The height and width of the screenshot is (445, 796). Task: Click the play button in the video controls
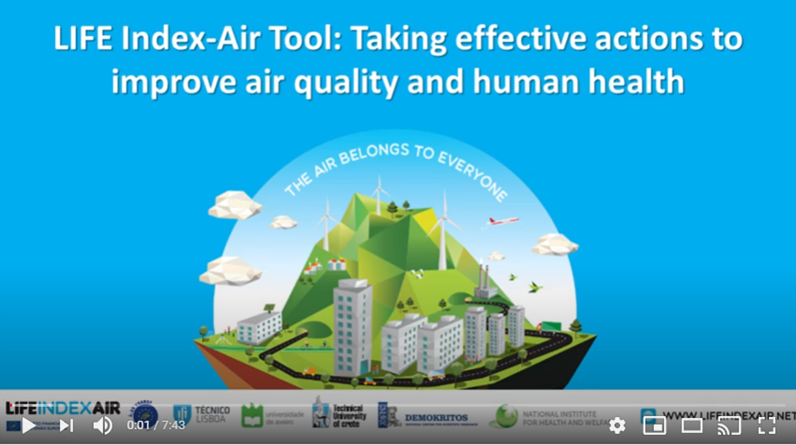(28, 425)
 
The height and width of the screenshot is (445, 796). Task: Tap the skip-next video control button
(67, 425)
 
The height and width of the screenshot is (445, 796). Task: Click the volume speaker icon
(103, 425)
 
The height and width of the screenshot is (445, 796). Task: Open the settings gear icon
(617, 425)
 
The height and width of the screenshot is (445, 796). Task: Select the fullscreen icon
(767, 425)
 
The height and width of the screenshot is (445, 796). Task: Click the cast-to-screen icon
(729, 425)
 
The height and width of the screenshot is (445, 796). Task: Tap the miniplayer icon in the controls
(654, 425)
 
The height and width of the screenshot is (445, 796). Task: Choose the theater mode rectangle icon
(692, 425)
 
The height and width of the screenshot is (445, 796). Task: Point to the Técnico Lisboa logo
(201, 414)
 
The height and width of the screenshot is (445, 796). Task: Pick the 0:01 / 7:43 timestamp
(156, 425)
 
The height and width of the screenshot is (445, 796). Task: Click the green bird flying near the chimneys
(534, 288)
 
